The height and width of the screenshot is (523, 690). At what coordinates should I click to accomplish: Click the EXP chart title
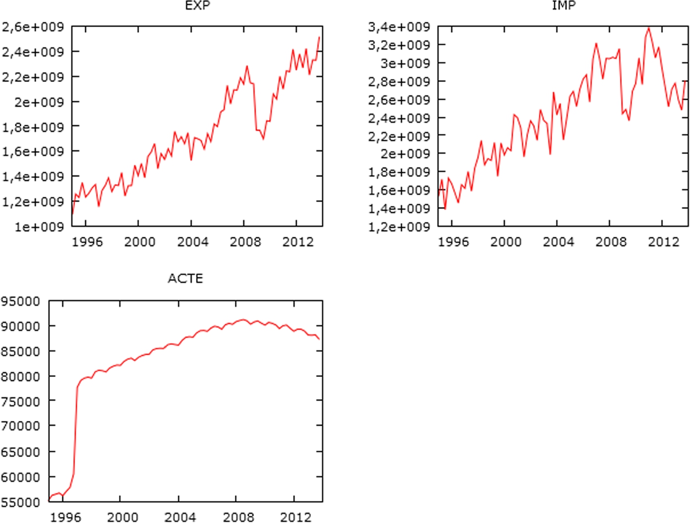(x=197, y=5)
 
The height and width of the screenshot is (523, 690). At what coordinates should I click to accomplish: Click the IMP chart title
(x=564, y=5)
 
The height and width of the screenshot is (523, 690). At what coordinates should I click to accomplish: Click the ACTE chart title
(x=185, y=279)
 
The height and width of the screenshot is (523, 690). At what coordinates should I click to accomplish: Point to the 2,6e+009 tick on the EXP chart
(x=33, y=27)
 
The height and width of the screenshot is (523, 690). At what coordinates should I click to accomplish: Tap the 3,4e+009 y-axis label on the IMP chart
(x=399, y=27)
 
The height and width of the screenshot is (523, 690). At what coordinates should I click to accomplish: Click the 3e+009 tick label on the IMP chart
(x=405, y=63)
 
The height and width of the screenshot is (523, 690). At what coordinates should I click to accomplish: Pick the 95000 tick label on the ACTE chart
(x=20, y=301)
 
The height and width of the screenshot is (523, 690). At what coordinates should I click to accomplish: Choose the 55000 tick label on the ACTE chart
(x=20, y=502)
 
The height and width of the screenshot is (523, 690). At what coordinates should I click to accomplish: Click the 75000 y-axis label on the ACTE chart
(x=20, y=402)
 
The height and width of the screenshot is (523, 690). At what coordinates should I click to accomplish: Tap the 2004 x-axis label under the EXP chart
(x=192, y=242)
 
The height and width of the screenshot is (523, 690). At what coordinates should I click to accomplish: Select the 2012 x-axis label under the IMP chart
(x=663, y=242)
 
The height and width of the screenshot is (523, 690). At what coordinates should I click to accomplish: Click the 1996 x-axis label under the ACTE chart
(x=65, y=517)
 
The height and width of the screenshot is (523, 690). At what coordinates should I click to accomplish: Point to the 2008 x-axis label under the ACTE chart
(x=238, y=517)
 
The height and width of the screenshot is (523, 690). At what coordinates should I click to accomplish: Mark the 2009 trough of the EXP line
(x=263, y=139)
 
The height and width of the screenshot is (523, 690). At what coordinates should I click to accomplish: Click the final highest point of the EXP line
(x=319, y=37)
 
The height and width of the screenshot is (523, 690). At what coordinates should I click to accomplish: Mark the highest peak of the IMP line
(x=649, y=28)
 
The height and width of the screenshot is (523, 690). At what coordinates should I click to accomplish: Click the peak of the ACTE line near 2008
(x=242, y=320)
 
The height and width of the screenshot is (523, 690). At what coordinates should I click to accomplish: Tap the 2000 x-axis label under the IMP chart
(x=506, y=242)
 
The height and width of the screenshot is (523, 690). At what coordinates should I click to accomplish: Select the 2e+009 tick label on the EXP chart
(x=39, y=102)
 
